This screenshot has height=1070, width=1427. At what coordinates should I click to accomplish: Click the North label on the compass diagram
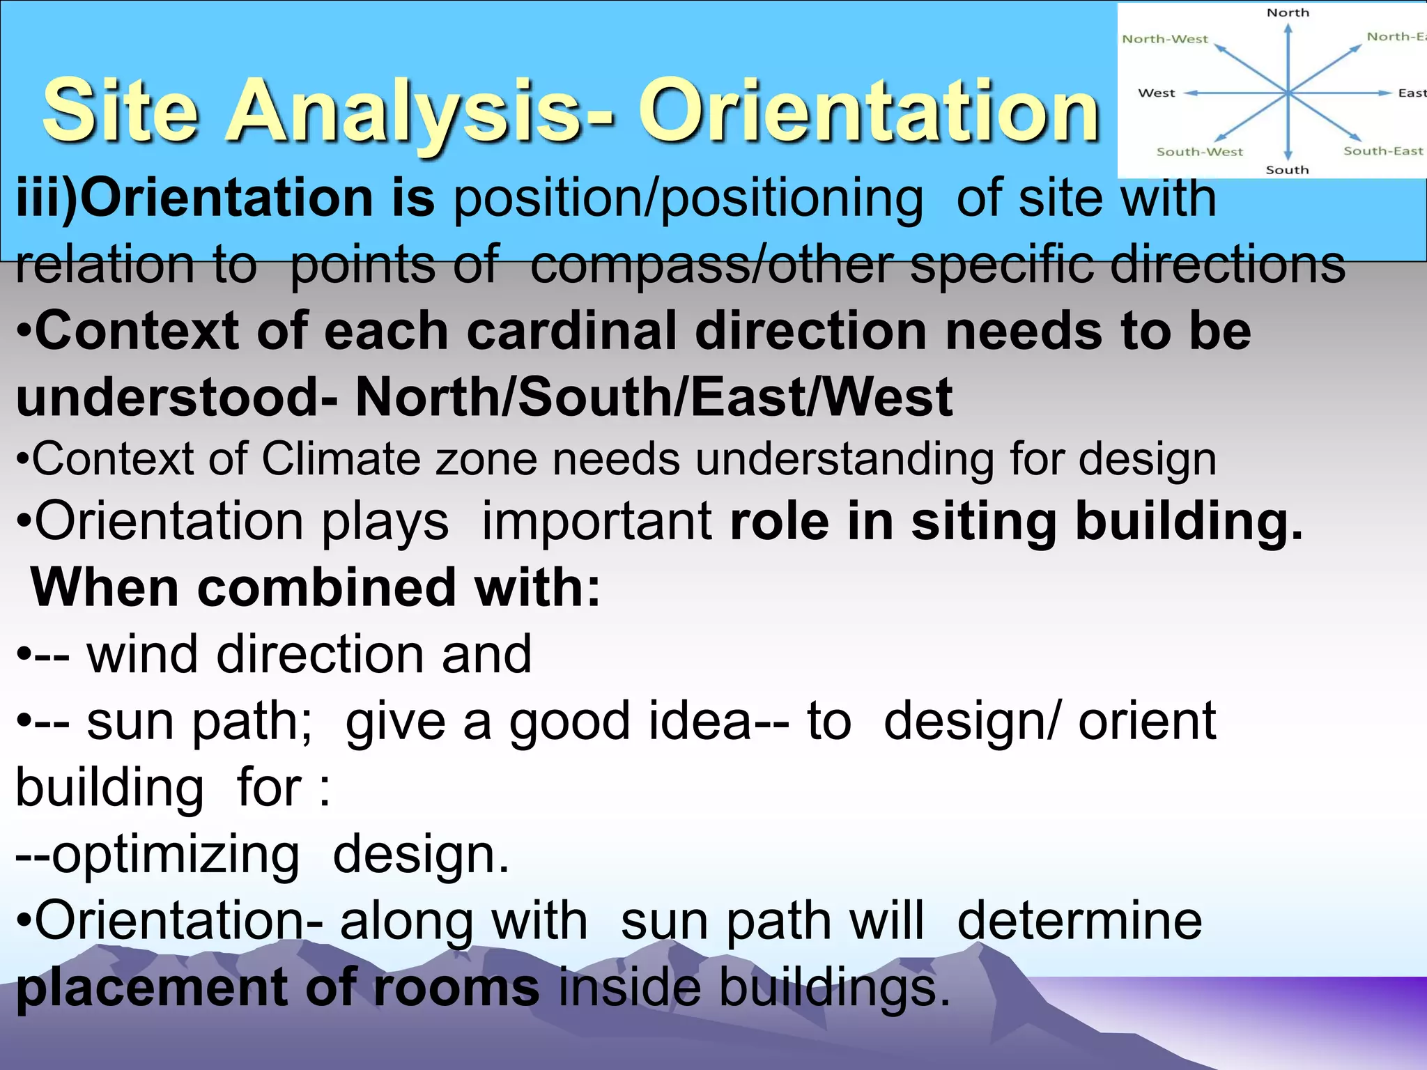[x=1288, y=13]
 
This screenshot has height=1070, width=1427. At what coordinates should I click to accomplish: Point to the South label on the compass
[x=1287, y=170]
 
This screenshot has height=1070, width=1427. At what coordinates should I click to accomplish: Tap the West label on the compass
[x=1156, y=93]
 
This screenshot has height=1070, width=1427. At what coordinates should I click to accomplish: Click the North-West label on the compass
[x=1164, y=39]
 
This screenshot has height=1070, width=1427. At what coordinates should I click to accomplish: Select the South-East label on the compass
[x=1383, y=151]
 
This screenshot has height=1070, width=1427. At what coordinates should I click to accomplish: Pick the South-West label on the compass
[x=1199, y=152]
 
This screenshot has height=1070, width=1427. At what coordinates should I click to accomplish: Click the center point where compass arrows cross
[x=1288, y=92]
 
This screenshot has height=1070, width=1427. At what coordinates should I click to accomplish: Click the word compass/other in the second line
[x=711, y=265]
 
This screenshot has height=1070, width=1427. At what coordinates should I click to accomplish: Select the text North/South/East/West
[x=654, y=397]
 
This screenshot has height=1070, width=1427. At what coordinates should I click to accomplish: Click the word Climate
[x=341, y=459]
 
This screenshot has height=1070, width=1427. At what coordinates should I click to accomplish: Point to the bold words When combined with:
[x=315, y=588]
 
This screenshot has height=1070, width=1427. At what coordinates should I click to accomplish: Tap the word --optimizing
[x=157, y=854]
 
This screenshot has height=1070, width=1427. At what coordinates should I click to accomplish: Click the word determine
[x=1079, y=920]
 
